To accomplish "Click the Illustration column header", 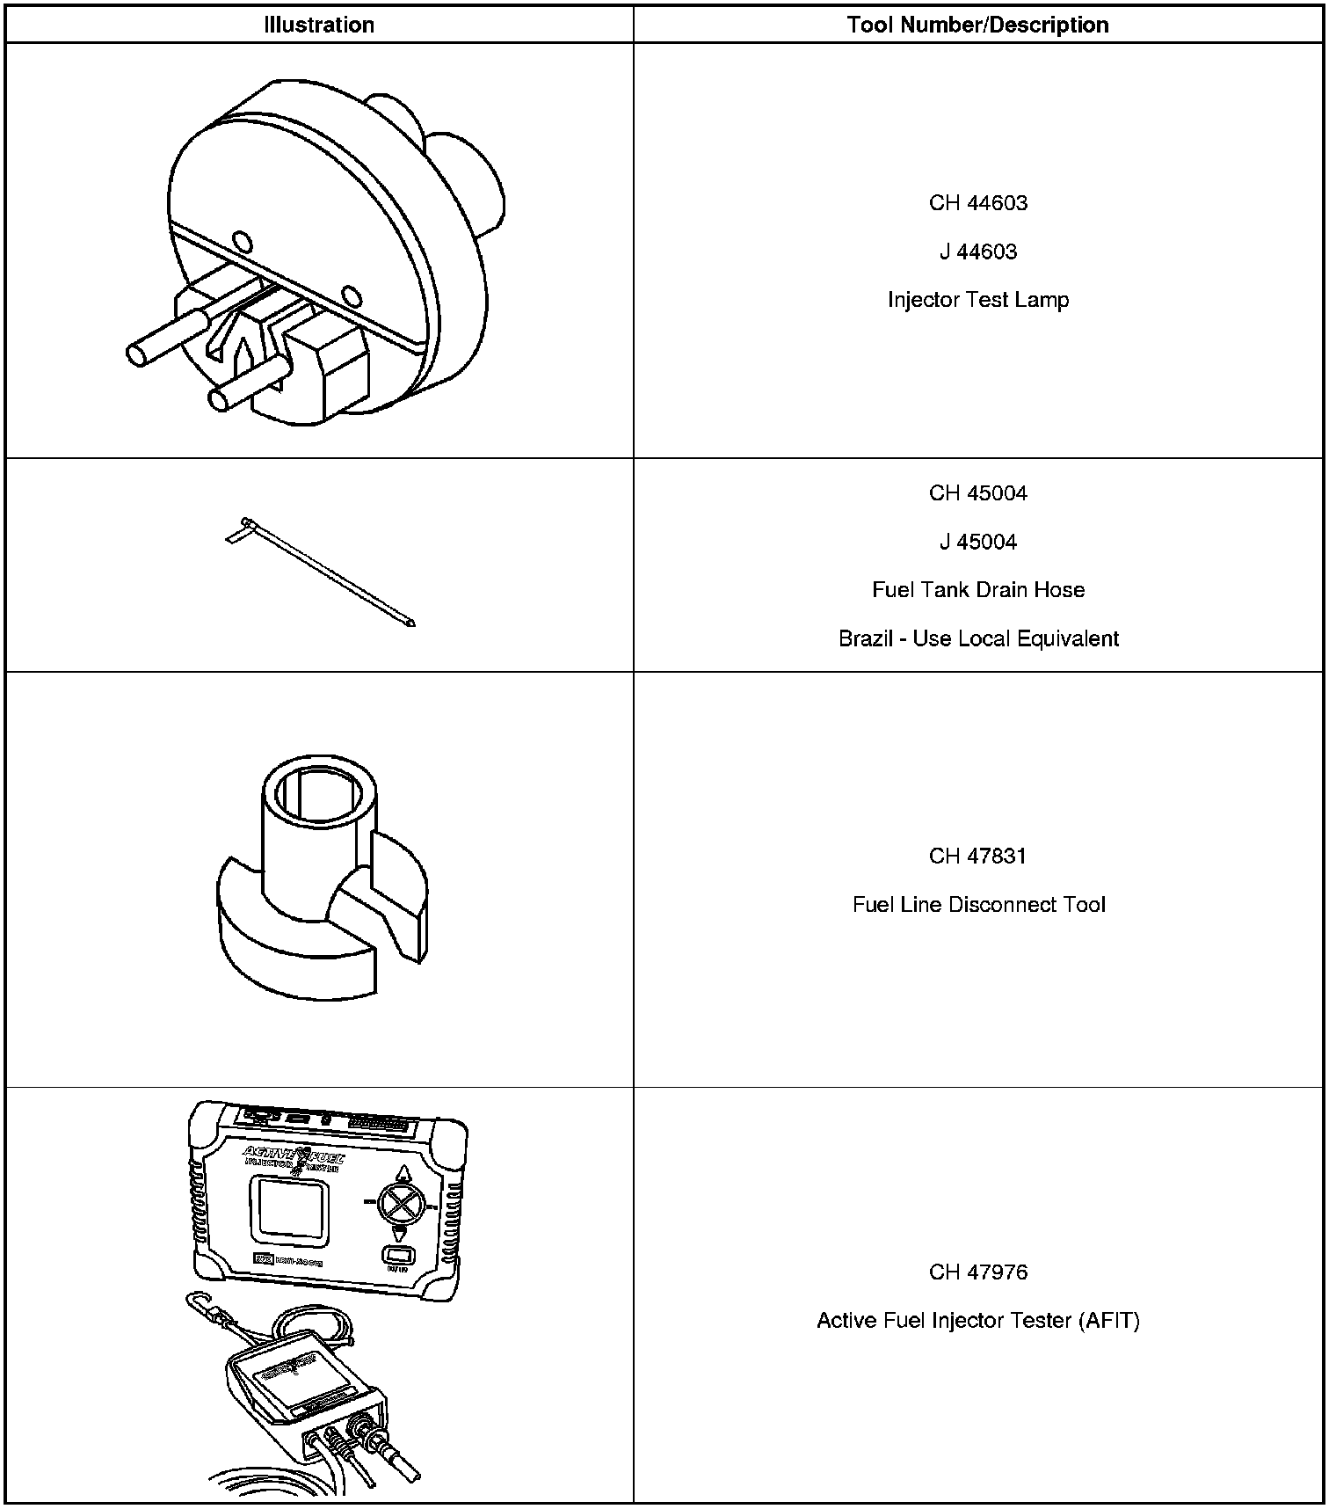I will point(319,25).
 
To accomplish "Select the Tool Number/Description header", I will point(977,25).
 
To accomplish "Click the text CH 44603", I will point(977,203).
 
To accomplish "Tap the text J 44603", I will point(977,252).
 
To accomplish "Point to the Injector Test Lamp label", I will point(977,300).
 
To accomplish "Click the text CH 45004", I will point(977,493).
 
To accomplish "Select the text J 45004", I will point(977,542).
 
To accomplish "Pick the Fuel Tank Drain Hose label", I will point(977,590).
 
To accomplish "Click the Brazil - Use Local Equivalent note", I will point(977,638).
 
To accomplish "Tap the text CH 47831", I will point(977,857).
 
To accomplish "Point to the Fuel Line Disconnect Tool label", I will point(977,905).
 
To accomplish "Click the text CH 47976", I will point(977,1272).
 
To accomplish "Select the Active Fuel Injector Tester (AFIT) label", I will point(977,1321).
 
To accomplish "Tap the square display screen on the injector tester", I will point(289,1213).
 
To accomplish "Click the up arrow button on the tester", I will point(403,1174).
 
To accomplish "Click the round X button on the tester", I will point(400,1203).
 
